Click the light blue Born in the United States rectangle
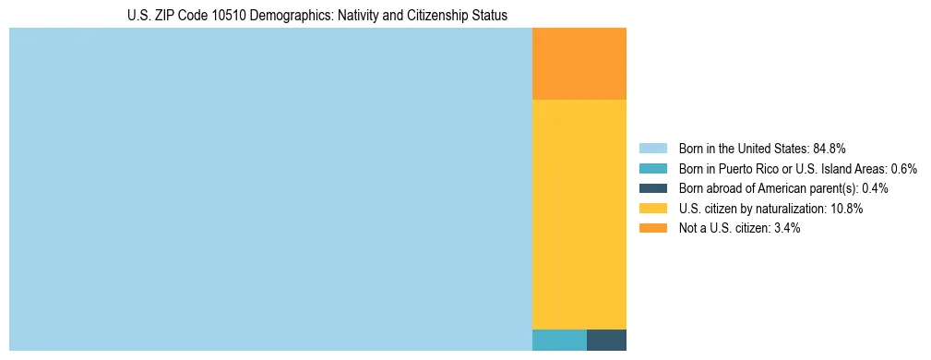click(x=270, y=189)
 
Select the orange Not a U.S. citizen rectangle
click(x=579, y=64)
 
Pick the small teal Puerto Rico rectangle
click(x=559, y=340)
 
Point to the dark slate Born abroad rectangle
click(x=606, y=340)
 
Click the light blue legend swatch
click(x=652, y=148)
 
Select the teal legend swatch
click(x=652, y=168)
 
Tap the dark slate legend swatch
click(x=652, y=188)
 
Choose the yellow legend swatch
click(x=652, y=209)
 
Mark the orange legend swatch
click(x=652, y=228)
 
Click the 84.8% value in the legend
click(x=830, y=148)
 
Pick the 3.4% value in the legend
click(x=785, y=228)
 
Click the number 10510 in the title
click(x=235, y=16)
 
